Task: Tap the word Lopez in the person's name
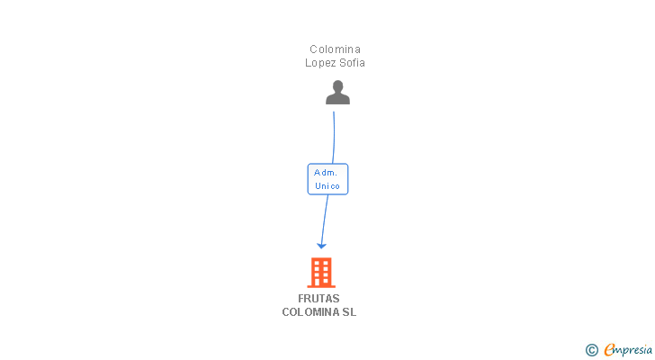[322, 63]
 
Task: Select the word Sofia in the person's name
[353, 63]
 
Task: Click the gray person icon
[337, 93]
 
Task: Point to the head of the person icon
[337, 86]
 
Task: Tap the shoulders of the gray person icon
[337, 99]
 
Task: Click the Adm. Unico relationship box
[327, 179]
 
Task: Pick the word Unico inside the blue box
[327, 186]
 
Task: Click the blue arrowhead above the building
[321, 245]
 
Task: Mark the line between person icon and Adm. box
[334, 135]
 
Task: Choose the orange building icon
[321, 273]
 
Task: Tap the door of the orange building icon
[321, 283]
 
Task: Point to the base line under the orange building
[321, 287]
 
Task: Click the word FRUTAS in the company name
[319, 299]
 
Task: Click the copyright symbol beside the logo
[591, 350]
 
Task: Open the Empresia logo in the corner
[628, 349]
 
